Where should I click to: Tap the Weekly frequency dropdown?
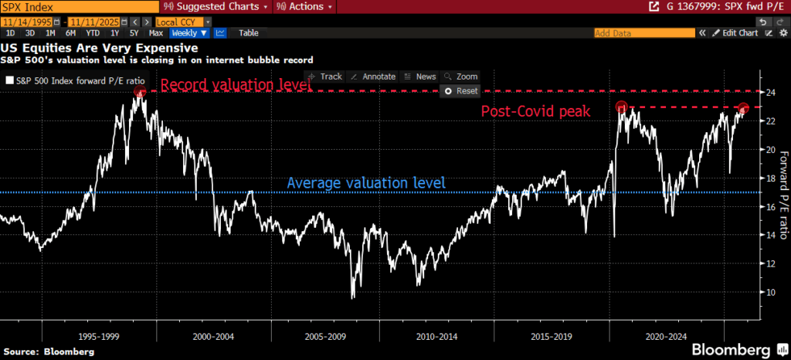189,33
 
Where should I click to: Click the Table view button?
249,33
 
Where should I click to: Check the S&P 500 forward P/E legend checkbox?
9,80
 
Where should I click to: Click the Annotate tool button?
373,76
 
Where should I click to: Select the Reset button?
461,90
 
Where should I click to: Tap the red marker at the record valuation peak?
140,92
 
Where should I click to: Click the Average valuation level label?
367,183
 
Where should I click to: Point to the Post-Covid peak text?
535,111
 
